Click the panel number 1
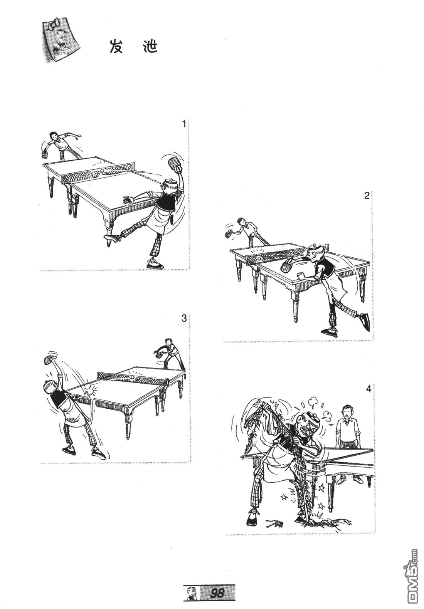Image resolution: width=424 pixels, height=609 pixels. [184, 124]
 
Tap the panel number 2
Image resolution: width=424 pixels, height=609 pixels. [367, 195]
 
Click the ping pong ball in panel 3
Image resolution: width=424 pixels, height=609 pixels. [132, 377]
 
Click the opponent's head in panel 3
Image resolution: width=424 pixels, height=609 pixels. [168, 342]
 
